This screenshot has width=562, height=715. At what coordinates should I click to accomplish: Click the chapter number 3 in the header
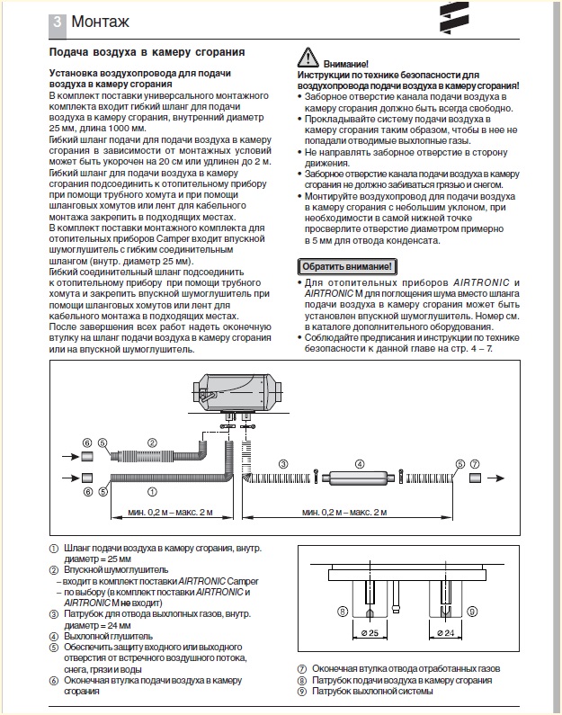pyautogui.click(x=57, y=21)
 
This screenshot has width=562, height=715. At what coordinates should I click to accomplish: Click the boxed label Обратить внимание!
pyautogui.click(x=346, y=267)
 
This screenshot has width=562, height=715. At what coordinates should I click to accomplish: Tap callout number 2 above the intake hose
pyautogui.click(x=153, y=442)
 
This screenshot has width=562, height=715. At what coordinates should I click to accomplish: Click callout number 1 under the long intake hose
pyautogui.click(x=152, y=492)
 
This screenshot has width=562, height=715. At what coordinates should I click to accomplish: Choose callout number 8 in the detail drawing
pyautogui.click(x=343, y=612)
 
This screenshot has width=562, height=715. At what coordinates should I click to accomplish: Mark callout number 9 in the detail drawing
pyautogui.click(x=472, y=612)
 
